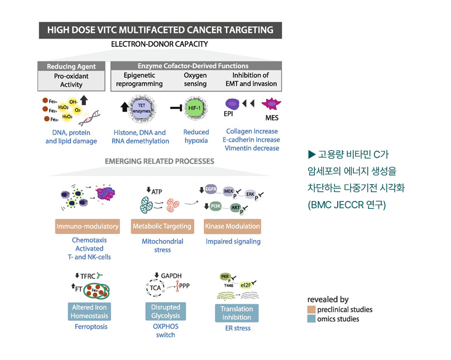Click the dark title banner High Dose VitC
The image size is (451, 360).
[160, 30]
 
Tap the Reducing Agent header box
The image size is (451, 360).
[71, 66]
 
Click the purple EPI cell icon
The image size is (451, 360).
[233, 105]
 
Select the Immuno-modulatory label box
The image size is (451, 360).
[87, 227]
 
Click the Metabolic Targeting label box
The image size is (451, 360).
[162, 227]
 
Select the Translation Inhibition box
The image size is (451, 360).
[236, 313]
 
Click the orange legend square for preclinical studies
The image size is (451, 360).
[311, 309]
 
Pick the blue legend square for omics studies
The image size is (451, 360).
[311, 319]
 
